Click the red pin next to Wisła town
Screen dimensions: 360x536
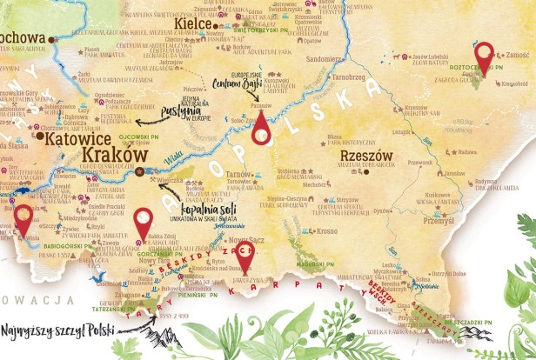click(x=23, y=217)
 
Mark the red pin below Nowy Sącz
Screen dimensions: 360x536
click(x=245, y=257)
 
